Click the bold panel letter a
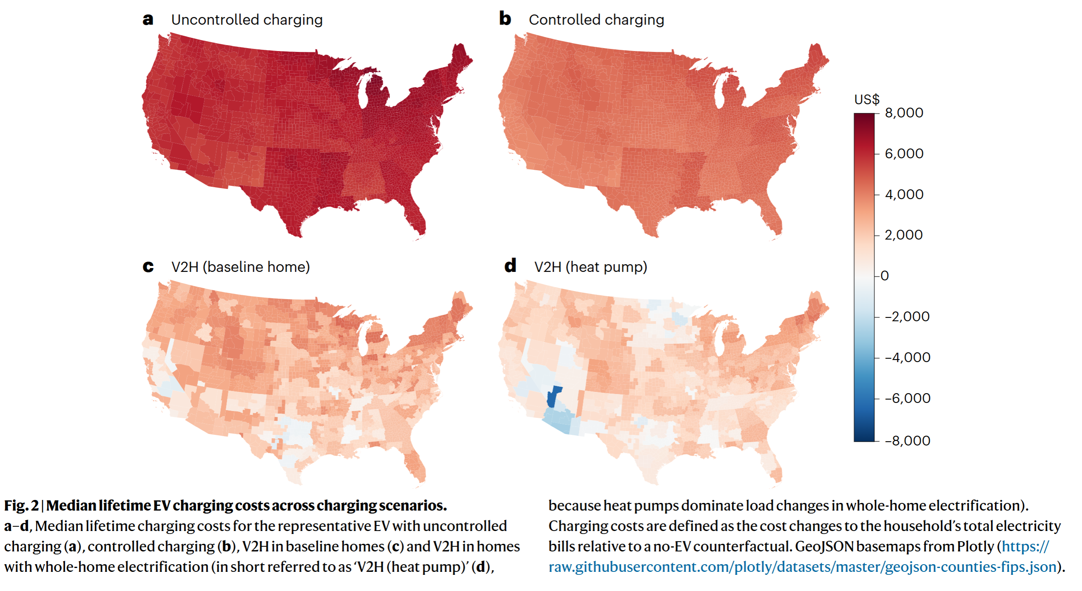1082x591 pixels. point(148,20)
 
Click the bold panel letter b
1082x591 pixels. point(505,19)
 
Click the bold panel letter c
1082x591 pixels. point(148,267)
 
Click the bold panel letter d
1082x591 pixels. point(510,266)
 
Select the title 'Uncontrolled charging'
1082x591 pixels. point(247,20)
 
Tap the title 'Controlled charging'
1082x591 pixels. point(596,20)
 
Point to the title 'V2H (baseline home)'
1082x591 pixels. point(240,267)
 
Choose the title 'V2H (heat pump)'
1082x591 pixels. point(591,267)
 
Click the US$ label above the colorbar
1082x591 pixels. point(867,100)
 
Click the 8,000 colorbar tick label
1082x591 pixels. point(904,113)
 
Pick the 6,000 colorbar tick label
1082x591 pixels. point(904,154)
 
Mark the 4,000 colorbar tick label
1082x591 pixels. point(904,194)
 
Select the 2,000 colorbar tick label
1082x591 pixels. point(903,235)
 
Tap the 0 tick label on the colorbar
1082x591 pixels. point(885,276)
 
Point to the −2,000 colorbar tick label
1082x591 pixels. point(907,317)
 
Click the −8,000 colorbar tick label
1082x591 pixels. point(907,441)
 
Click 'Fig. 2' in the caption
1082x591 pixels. point(21,505)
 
